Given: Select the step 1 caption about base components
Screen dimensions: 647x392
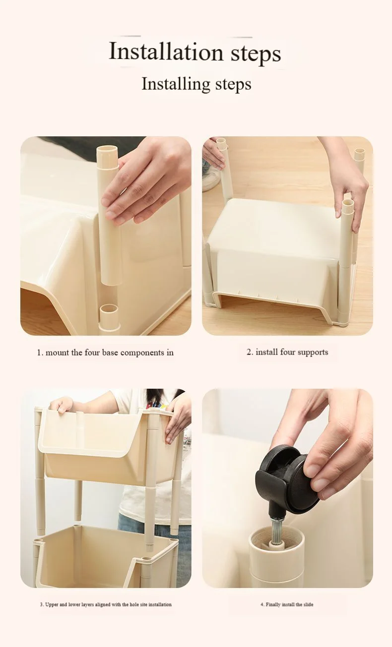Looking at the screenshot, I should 105,353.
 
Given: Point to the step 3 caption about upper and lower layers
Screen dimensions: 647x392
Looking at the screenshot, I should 106,604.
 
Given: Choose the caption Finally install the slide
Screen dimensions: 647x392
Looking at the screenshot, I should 287,604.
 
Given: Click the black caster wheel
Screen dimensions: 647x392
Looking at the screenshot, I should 283,478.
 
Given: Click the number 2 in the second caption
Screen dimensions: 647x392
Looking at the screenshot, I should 249,353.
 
